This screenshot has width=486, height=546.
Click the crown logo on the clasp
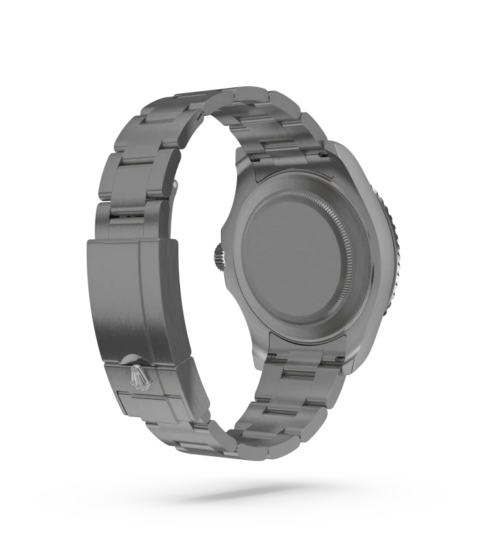(139, 376)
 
